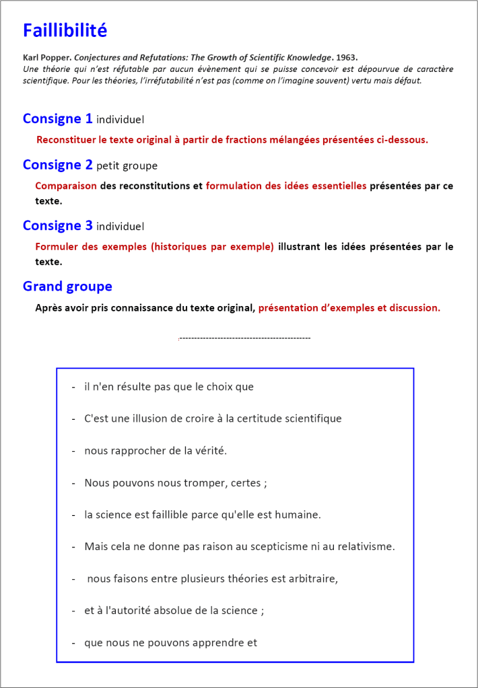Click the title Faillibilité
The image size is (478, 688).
point(65,30)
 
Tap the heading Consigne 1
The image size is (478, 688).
point(57,119)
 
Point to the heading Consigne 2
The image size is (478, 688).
point(57,165)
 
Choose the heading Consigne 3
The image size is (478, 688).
point(57,226)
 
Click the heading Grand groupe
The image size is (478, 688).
point(67,286)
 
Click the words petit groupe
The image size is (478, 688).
point(127,165)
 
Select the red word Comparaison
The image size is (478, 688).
point(65,186)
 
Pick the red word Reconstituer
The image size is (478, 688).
point(67,140)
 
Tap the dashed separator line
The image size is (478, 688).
point(244,337)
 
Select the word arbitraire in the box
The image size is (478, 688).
point(312,578)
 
